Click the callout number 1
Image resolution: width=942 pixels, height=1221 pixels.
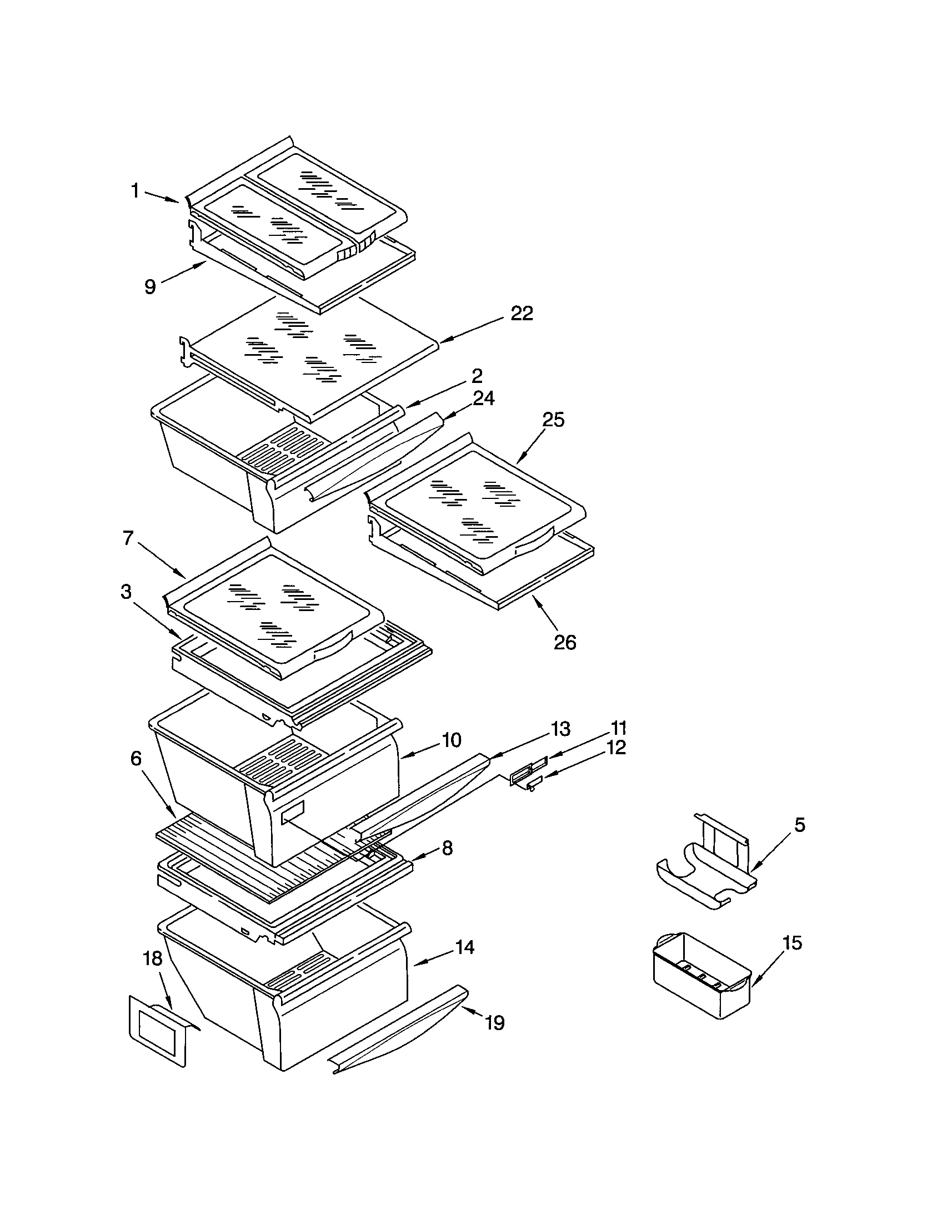tap(135, 191)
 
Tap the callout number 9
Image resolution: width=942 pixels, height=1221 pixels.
tap(150, 287)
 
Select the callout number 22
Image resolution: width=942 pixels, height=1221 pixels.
tap(522, 314)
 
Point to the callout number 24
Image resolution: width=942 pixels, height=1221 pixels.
tap(483, 398)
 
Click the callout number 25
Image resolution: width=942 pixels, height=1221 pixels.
tap(553, 419)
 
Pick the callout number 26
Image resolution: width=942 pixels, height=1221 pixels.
tap(564, 642)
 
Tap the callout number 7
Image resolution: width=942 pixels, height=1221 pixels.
tap(128, 538)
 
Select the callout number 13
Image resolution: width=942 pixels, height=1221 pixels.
tap(560, 729)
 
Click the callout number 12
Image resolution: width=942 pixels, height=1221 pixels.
tap(615, 748)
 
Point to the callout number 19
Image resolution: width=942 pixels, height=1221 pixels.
tap(494, 1022)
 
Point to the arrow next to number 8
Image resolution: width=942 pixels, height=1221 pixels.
tap(425, 854)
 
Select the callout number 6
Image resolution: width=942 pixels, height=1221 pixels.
tap(136, 759)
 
